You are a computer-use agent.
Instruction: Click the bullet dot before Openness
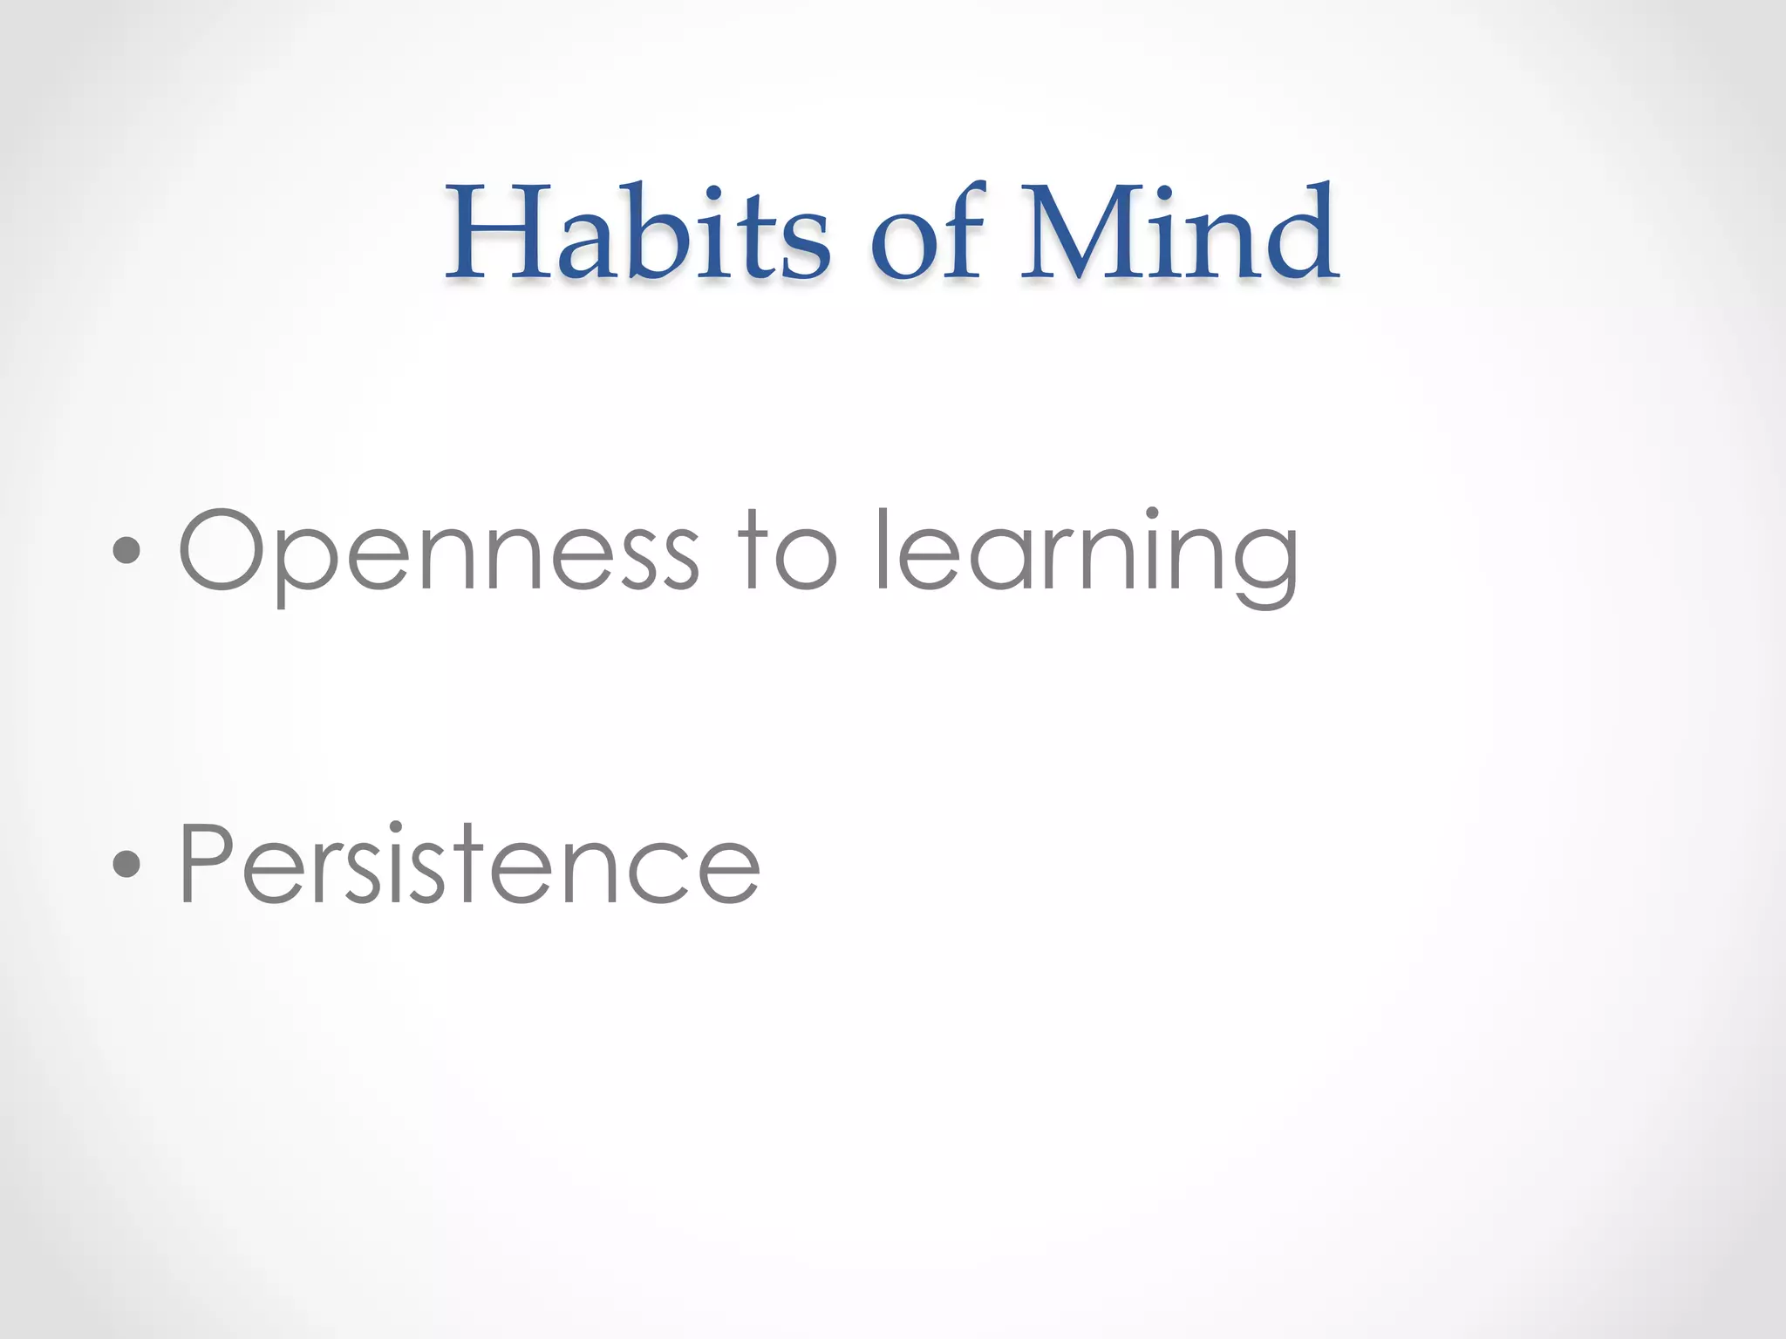click(x=127, y=551)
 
